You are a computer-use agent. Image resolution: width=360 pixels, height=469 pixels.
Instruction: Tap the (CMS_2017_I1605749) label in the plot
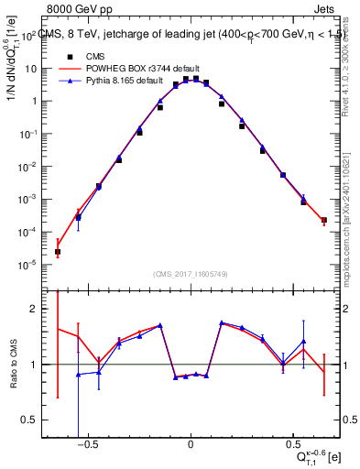coord(191,274)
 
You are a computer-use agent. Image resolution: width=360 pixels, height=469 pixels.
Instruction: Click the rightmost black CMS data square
coord(324,220)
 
